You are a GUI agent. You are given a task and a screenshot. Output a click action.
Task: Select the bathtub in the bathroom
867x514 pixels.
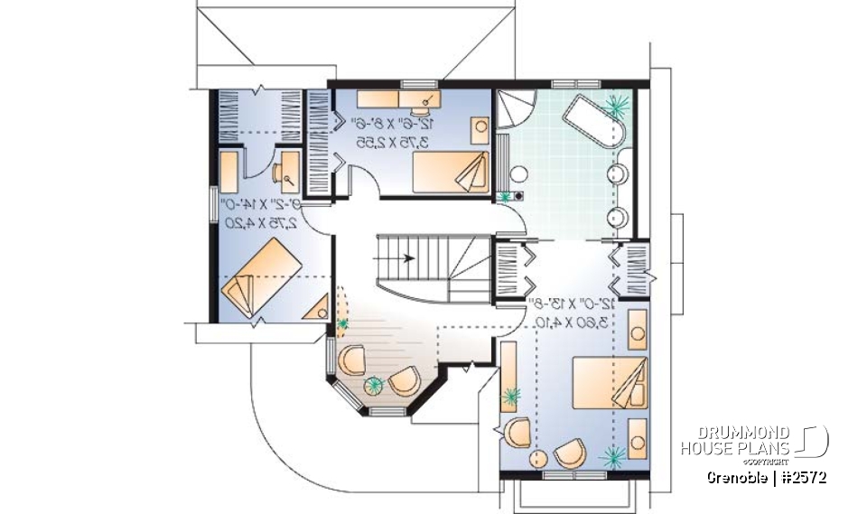pyautogui.click(x=592, y=126)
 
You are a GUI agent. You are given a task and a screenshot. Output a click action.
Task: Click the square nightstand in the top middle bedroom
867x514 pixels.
pyautogui.click(x=480, y=126)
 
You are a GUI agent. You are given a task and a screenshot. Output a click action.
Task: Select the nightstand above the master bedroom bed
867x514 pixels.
pyautogui.click(x=637, y=325)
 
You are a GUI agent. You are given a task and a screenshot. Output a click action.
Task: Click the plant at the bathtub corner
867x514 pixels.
pyautogui.click(x=618, y=106)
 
